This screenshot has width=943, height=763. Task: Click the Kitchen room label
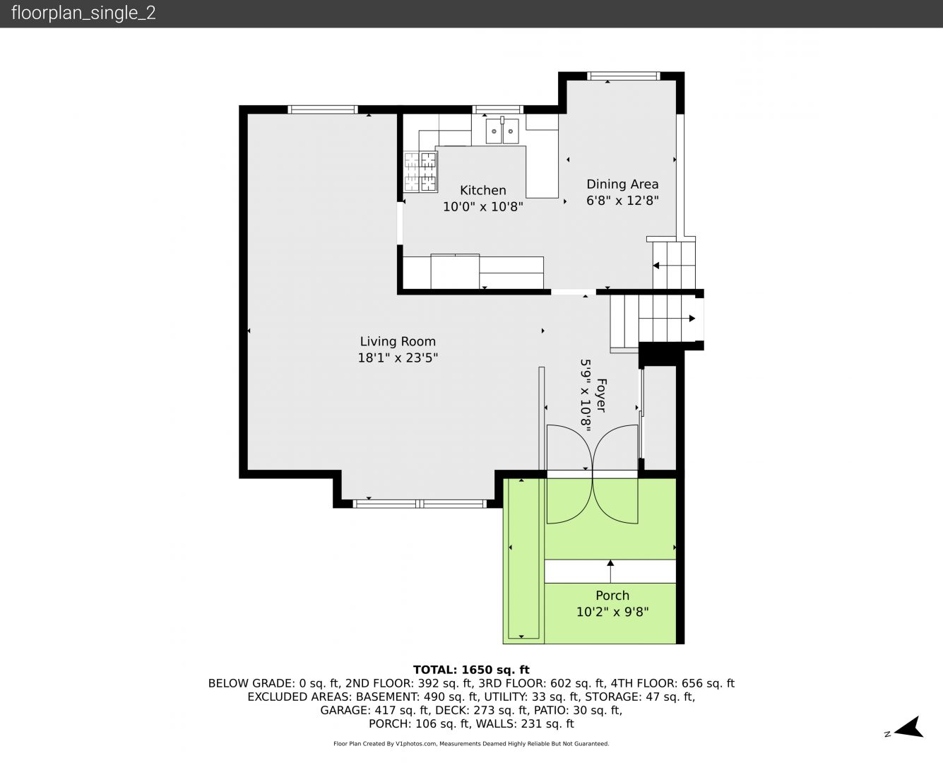482,190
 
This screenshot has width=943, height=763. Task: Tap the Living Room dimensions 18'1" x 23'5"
398,357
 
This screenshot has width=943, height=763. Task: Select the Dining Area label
622,184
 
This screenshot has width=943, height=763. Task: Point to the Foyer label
601,396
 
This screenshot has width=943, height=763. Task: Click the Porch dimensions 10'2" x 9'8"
612,612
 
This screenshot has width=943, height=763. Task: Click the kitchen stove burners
420,172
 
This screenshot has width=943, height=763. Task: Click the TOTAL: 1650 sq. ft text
471,670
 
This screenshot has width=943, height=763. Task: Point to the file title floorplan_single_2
83,13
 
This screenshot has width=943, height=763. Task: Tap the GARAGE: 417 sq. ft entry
374,710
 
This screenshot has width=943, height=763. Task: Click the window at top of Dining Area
623,76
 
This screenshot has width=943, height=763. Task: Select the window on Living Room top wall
322,110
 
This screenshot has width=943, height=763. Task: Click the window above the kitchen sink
497,110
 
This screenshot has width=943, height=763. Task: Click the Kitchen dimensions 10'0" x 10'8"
483,206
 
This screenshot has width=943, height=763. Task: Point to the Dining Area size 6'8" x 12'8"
622,200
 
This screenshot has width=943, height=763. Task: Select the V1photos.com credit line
471,744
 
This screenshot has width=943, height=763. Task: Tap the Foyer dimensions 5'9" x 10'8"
586,396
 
